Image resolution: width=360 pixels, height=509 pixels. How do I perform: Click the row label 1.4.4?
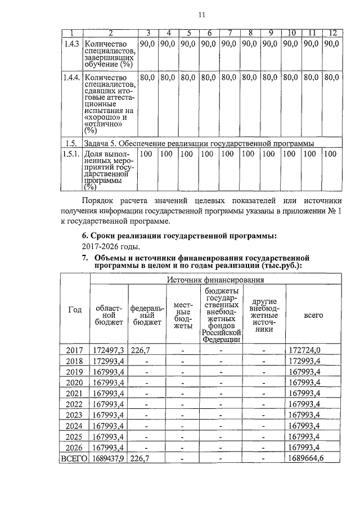(x=71, y=77)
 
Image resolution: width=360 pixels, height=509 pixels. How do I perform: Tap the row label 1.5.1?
(x=71, y=153)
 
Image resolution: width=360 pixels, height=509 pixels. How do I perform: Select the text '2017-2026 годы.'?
(x=110, y=246)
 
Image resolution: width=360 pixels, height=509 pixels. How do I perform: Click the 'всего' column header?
(x=313, y=316)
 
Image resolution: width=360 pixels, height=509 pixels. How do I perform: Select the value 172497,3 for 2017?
(x=109, y=350)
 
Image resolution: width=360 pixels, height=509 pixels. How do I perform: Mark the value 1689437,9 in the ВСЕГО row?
(x=109, y=458)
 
